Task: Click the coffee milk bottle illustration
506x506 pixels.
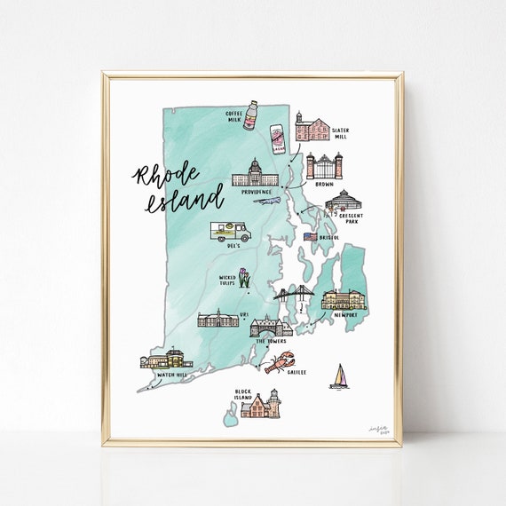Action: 250,114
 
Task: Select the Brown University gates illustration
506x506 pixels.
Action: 324,166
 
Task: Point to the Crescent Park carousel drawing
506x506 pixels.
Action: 342,202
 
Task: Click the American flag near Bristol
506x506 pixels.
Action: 310,237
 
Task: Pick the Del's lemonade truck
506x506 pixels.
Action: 230,232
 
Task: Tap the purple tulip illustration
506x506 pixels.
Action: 244,281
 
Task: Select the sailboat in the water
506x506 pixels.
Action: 339,376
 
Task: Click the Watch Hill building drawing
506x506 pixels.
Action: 166,359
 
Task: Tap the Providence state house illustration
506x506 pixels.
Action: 255,174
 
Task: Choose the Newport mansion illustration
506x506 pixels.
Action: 342,300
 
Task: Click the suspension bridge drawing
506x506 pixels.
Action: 294,296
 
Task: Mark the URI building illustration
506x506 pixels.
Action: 217,318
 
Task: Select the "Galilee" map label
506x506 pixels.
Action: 296,373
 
